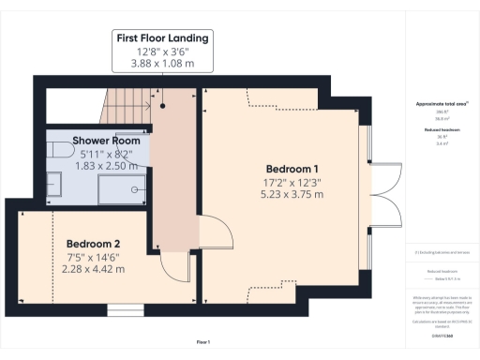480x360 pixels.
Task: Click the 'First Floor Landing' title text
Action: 162,37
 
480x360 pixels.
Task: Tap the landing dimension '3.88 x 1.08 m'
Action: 162,65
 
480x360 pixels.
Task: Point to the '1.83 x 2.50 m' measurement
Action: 98,166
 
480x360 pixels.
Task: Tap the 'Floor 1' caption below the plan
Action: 203,342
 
